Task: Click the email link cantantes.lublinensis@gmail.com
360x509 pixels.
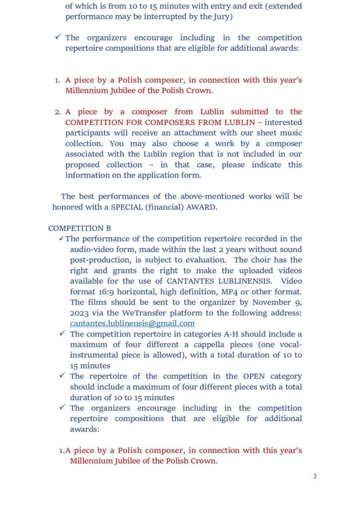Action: tap(132, 324)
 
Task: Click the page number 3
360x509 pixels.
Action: tap(315, 476)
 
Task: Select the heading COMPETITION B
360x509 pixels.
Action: tap(80, 228)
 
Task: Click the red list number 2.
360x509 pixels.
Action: tap(57, 112)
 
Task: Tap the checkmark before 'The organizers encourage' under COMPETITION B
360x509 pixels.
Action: tap(62, 408)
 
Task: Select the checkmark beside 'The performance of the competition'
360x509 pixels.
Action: tap(62, 239)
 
